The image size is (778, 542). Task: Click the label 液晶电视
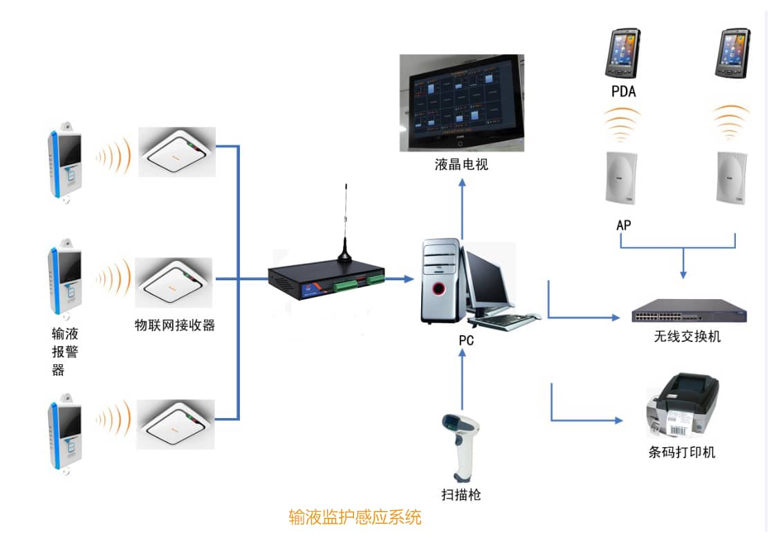[x=461, y=165]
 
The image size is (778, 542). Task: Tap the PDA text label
[x=623, y=91]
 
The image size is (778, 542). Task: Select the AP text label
[x=623, y=225]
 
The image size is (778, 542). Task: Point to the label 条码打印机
[x=681, y=453]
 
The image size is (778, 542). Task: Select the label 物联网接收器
[x=174, y=325]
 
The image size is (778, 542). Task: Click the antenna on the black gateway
[x=344, y=222]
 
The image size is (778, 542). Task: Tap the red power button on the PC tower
[x=437, y=287]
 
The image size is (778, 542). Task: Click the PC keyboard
[x=506, y=321]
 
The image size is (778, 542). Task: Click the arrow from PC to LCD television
[x=462, y=208]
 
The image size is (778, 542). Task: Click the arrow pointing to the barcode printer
[x=585, y=419]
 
